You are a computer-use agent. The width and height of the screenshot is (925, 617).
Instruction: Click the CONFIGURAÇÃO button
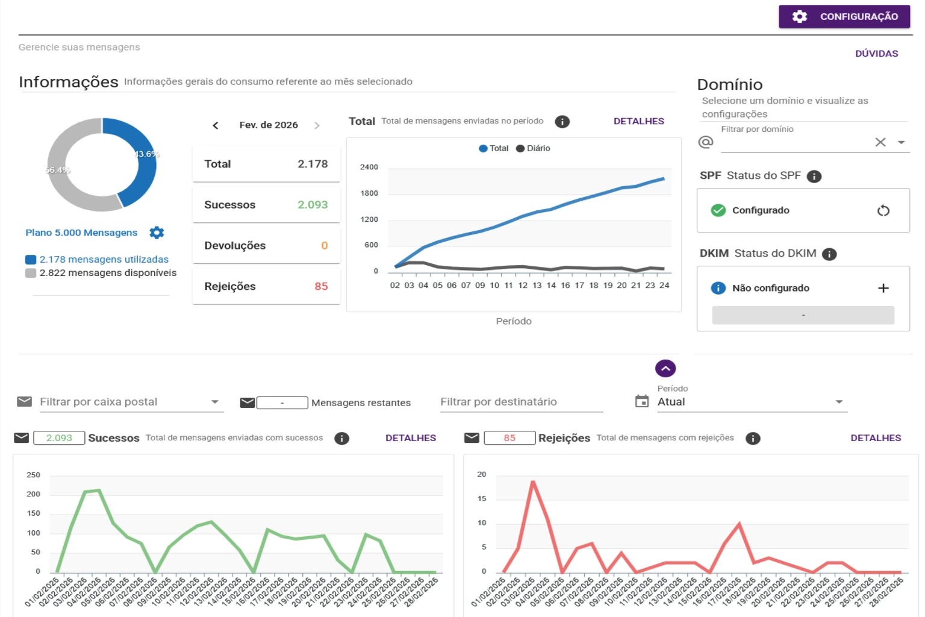coord(844,17)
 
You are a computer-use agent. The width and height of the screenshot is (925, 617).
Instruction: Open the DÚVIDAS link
coord(876,54)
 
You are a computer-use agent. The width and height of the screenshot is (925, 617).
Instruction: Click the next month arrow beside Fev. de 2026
coord(317,125)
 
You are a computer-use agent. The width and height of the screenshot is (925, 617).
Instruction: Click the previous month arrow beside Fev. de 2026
coord(216,125)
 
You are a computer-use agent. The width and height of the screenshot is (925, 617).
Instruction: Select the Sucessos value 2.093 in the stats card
coord(313,205)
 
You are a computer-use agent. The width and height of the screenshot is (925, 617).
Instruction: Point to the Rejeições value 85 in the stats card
coord(321,287)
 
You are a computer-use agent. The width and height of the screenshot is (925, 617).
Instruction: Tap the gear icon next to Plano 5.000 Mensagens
coord(157,233)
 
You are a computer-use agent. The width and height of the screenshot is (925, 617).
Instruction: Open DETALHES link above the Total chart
coord(638,121)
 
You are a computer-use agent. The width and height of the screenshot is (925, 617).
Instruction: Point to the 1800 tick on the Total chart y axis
coord(369,193)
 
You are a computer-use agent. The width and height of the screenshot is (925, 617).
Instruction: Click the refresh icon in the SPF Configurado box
coord(883,210)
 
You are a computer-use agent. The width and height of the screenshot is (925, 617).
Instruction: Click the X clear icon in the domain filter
coord(880,142)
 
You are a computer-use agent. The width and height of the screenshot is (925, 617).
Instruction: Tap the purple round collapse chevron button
coord(665,368)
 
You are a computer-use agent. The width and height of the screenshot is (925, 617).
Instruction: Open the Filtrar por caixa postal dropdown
coord(131,402)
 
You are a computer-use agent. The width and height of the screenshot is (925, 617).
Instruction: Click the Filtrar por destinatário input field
coord(521,402)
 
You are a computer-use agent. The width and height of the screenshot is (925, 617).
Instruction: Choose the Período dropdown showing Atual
coord(751,402)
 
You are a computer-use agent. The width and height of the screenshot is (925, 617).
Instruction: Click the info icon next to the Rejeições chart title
coord(753,439)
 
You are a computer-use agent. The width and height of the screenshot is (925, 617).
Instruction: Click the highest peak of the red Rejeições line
coord(533,482)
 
